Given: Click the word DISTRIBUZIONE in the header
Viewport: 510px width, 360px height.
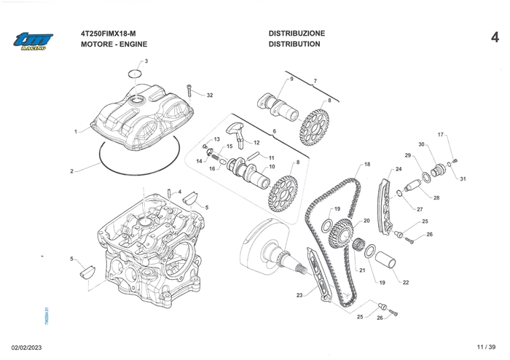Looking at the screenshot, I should click(297, 34).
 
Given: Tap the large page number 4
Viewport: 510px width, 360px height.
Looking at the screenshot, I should click(495, 37).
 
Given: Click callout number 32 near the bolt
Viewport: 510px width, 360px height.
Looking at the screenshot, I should click(210, 95).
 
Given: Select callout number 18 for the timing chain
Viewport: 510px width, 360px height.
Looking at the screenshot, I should click(367, 165).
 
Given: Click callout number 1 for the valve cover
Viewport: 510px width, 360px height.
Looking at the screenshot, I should click(76, 132).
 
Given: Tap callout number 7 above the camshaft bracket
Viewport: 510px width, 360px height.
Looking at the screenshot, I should click(315, 80).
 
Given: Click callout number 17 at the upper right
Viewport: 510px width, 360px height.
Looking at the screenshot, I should click(440, 135).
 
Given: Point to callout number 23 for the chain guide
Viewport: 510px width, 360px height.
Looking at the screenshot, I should click(299, 295).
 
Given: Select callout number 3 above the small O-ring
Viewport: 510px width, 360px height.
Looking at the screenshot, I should click(145, 61).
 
